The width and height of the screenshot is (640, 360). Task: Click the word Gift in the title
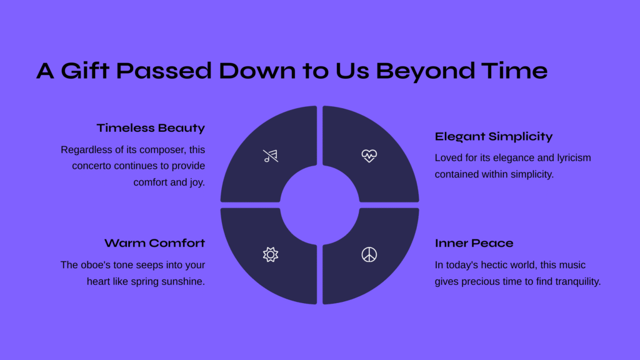[85, 70]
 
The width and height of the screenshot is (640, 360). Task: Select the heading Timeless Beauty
[151, 128]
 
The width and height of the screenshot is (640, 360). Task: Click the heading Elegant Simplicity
[494, 137]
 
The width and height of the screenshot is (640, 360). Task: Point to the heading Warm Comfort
[154, 243]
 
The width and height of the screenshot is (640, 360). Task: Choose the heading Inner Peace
[474, 243]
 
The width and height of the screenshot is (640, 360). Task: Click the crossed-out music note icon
[270, 156]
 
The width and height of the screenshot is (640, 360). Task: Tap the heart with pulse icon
[369, 156]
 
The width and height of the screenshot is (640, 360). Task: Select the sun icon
[270, 255]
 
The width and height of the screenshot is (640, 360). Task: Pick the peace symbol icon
[369, 255]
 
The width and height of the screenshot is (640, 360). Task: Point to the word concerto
[92, 166]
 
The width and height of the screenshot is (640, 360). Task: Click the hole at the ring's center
[319, 205]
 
